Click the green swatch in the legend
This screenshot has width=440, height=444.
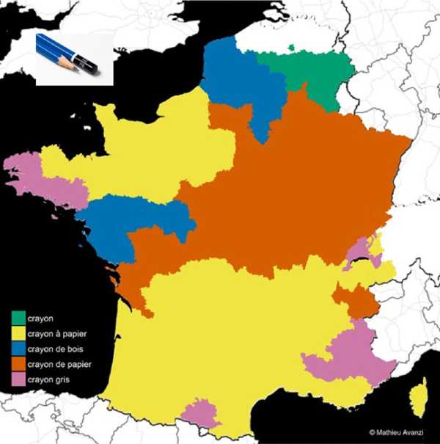point(18,318)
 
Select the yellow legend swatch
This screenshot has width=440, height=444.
point(18,332)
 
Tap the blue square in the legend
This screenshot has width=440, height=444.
point(18,348)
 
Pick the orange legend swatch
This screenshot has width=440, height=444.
point(18,363)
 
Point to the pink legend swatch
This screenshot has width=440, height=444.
point(18,379)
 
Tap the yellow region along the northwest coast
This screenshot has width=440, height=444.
point(147,147)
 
